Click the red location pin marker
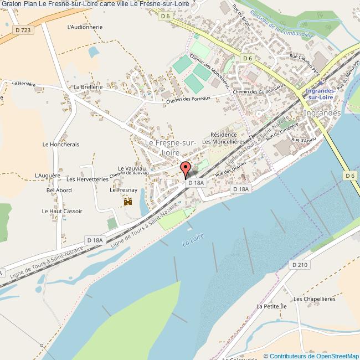[x=186, y=168]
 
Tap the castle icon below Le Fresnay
[x=128, y=202]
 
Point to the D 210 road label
[x=300, y=265]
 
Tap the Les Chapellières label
[x=315, y=299]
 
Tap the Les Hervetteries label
[x=87, y=179]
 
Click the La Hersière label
[x=24, y=83]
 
